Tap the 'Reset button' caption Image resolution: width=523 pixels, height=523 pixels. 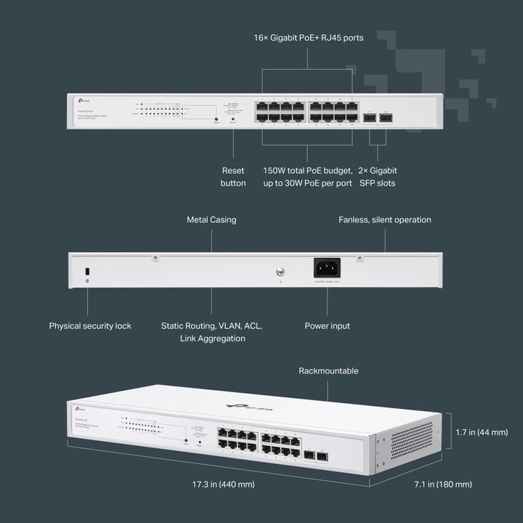[x=233, y=177]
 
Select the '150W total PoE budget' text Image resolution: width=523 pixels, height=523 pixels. [x=307, y=170]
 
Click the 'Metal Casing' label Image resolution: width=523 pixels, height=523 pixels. [x=211, y=219]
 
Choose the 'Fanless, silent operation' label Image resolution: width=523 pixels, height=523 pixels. [x=384, y=219]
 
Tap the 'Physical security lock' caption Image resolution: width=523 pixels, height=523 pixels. [x=90, y=326]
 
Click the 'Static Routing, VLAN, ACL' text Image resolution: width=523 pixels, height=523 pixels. [x=211, y=326]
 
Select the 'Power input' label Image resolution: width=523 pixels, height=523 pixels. [x=327, y=326]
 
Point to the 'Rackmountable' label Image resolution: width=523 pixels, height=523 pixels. [x=328, y=370]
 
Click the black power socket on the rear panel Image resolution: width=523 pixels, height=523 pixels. [x=327, y=268]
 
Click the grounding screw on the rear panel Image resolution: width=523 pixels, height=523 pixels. [x=280, y=272]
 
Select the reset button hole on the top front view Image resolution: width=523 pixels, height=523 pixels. [x=216, y=119]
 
